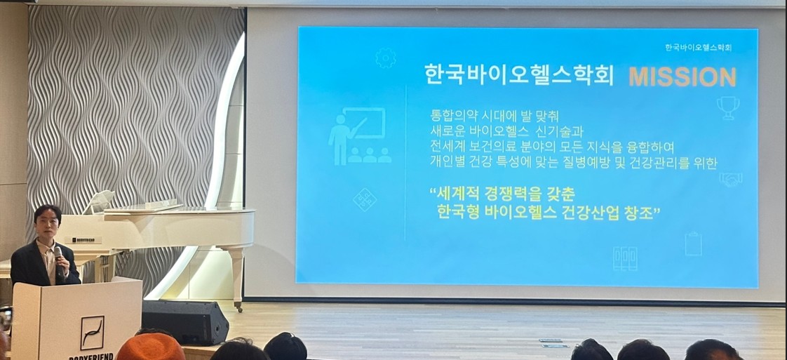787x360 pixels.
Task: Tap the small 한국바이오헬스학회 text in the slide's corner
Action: click(698, 47)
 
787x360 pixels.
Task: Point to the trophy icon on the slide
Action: click(728, 108)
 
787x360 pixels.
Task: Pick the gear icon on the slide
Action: click(385, 58)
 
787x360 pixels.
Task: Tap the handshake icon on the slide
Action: click(730, 180)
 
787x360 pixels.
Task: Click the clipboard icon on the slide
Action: click(693, 243)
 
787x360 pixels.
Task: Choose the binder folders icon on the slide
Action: click(624, 258)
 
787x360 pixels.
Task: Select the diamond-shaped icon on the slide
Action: click(365, 199)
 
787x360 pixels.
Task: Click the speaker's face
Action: click(48, 224)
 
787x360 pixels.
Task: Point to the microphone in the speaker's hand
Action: click(59, 255)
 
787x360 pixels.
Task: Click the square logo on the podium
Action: click(92, 332)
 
